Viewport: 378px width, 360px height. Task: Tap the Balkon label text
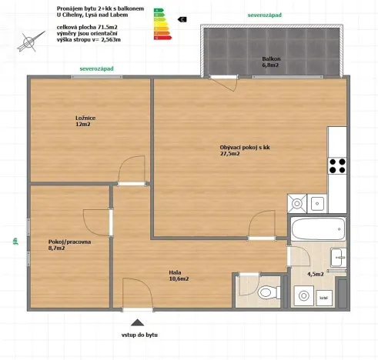tap(271, 62)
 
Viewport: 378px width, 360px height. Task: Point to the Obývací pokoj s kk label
tap(244, 150)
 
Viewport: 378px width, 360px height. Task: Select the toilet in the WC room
tap(266, 293)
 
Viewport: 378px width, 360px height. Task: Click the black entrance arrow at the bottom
tap(138, 323)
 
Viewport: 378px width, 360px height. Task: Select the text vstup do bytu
tap(139, 336)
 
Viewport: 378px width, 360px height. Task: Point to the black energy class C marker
tap(182, 19)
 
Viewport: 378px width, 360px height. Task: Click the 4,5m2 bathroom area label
tap(316, 274)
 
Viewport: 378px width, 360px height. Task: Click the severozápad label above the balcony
tap(264, 15)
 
